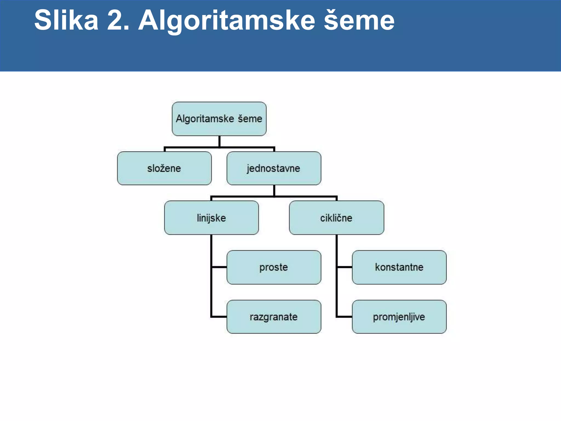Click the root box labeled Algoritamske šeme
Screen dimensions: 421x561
click(219, 119)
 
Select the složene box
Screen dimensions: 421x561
click(164, 168)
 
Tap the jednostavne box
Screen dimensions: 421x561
click(274, 168)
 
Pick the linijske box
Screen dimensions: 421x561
click(211, 218)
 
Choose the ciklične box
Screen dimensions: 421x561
click(336, 218)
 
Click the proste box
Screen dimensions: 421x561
click(274, 267)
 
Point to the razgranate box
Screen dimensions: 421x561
click(274, 317)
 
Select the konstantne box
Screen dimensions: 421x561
click(399, 267)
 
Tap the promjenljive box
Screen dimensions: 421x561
click(399, 317)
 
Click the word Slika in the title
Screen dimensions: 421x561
click(66, 20)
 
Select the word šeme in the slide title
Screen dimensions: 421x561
click(359, 20)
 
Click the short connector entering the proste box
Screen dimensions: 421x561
click(219, 267)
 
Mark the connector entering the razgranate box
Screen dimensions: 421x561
click(219, 317)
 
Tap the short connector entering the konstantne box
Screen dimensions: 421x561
click(345, 267)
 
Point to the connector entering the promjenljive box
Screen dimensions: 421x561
click(345, 317)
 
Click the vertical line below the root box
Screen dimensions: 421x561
click(219, 141)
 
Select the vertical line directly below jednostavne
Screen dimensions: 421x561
click(274, 190)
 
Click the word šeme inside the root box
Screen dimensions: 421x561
click(250, 119)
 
